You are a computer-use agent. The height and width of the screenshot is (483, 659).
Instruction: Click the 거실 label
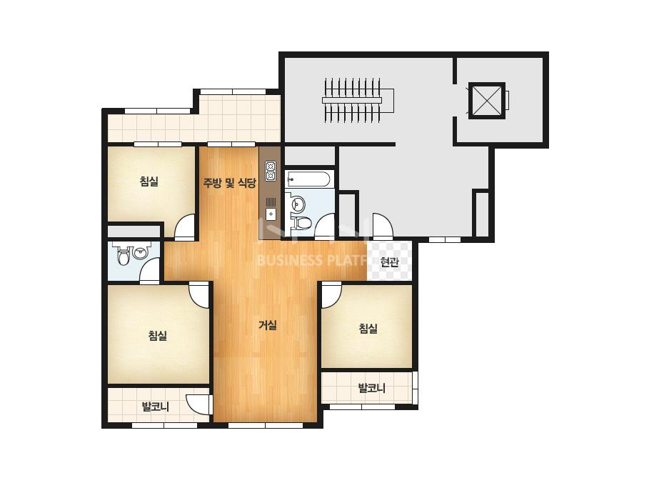[268, 325]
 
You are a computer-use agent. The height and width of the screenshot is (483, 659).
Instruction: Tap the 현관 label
[389, 262]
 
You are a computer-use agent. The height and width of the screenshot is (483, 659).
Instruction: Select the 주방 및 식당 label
[229, 183]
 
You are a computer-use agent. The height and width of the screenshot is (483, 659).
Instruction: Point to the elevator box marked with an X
[486, 101]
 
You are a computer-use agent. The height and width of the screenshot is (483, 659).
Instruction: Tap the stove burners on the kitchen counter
[270, 171]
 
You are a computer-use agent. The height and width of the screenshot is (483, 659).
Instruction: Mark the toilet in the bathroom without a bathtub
[123, 257]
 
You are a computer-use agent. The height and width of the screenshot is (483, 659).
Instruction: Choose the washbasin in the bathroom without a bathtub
[139, 252]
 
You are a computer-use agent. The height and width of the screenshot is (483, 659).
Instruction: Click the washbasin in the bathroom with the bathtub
[298, 204]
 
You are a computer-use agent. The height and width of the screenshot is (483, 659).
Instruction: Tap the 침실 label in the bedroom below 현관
[368, 328]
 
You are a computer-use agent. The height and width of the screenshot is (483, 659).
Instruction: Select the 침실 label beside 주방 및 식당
[149, 181]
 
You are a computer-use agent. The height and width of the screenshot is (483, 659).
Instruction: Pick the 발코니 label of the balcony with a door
[156, 407]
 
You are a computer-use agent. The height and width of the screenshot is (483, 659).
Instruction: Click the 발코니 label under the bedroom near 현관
[371, 388]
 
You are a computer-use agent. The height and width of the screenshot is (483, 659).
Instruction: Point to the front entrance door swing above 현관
[382, 226]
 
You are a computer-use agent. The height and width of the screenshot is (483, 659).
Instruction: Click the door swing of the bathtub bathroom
[324, 226]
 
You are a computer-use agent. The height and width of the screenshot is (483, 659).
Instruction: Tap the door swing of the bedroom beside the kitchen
[185, 226]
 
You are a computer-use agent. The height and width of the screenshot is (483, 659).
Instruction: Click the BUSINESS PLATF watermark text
[312, 260]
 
